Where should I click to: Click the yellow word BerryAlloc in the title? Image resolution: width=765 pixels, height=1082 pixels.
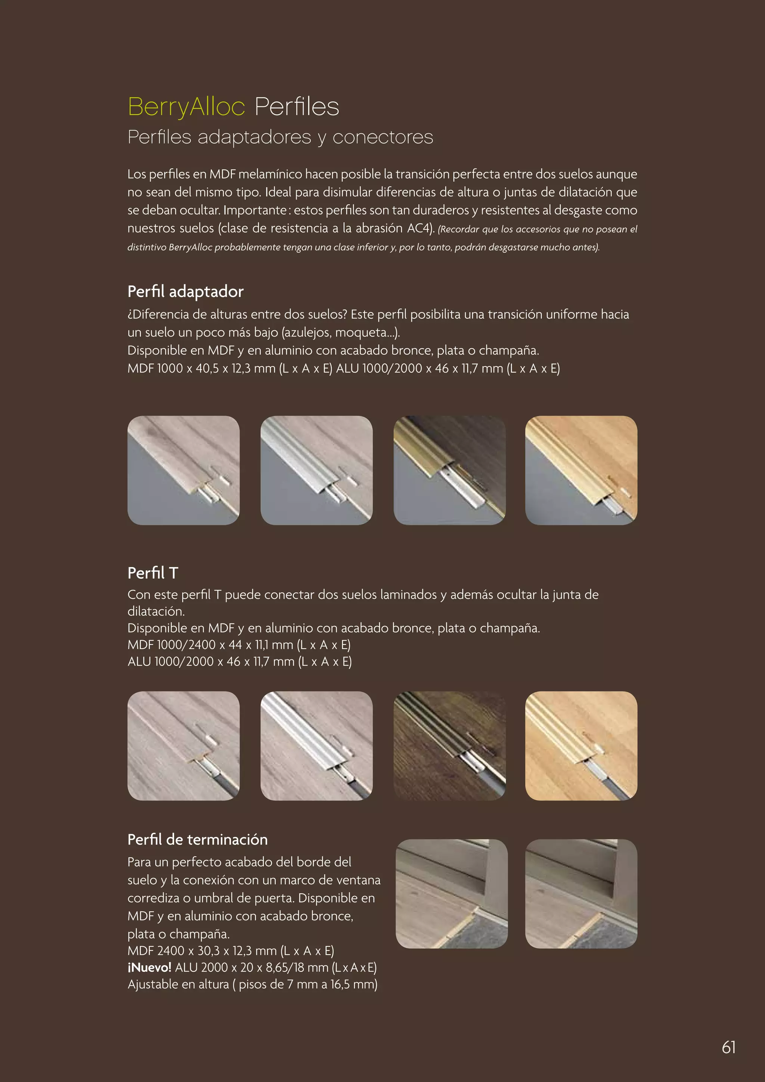[186, 106]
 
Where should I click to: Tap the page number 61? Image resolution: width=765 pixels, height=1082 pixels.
[728, 1047]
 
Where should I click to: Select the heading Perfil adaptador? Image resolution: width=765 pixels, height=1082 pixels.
[185, 292]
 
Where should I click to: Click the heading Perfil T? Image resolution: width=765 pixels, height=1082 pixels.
[153, 573]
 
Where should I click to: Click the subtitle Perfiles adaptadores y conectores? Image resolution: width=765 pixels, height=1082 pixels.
[280, 137]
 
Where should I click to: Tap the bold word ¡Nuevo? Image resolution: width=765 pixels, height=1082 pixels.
[149, 967]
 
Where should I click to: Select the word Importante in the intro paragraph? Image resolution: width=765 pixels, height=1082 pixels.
[254, 210]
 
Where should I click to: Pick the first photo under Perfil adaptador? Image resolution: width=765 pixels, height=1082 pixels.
[183, 470]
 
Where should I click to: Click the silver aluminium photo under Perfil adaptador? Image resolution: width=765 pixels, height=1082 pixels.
[316, 470]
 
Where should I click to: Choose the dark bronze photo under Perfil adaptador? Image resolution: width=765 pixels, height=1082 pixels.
[449, 470]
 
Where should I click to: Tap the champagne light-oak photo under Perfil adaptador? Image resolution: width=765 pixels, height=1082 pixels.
[581, 470]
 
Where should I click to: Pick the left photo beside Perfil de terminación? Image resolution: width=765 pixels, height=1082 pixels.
[452, 893]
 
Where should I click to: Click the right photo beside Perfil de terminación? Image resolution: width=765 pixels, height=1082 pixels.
[581, 893]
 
